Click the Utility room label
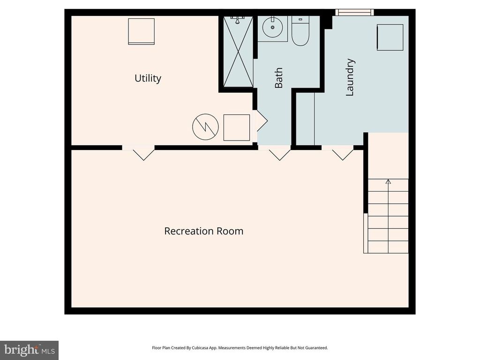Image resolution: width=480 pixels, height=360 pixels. tap(148, 78)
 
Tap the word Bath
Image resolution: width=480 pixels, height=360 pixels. tap(279, 78)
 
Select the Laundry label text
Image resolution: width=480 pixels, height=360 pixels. tap(350, 77)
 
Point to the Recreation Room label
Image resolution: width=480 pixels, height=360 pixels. tap(203, 231)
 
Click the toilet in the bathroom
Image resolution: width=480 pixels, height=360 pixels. tap(300, 31)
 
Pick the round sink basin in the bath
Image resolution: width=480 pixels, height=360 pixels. tap(272, 28)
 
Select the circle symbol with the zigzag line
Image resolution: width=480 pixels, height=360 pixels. tap(205, 127)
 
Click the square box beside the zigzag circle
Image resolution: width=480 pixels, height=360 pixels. tap(236, 127)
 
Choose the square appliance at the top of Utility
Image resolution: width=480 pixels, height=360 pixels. tap(141, 31)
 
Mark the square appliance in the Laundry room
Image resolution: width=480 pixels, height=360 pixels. tap(390, 37)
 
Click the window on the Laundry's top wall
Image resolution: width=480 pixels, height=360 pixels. tap(354, 12)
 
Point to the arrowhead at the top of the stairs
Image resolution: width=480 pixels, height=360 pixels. tap(388, 181)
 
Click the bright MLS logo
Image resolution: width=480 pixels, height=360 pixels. tap(29, 350)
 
